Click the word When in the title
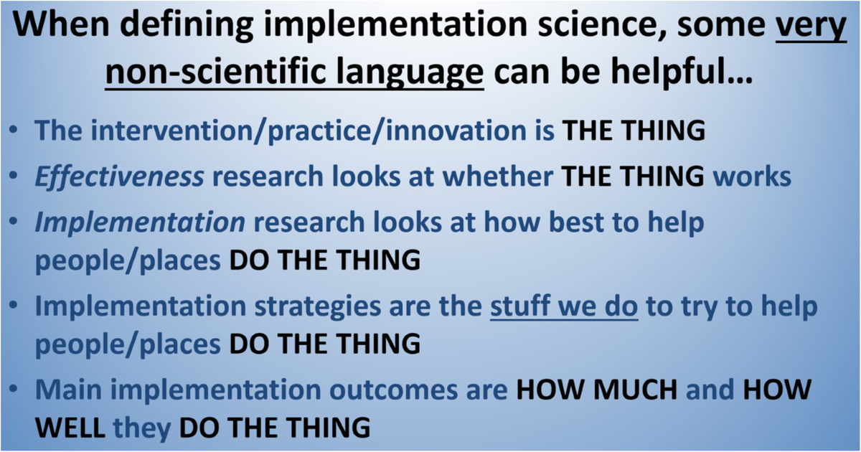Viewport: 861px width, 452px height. pos(61,24)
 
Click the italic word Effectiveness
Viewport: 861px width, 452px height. pos(119,176)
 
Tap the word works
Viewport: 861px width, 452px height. pos(752,176)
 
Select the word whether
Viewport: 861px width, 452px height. pos(498,176)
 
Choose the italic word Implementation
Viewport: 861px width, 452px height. pos(140,223)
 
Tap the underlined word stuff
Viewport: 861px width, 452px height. pos(519,306)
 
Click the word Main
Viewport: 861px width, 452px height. pos(68,390)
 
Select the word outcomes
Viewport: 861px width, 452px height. pos(393,390)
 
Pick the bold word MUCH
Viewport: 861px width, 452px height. pos(635,390)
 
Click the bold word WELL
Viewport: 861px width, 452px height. pos(70,428)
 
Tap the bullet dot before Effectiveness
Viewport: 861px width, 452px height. pos(14,176)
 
